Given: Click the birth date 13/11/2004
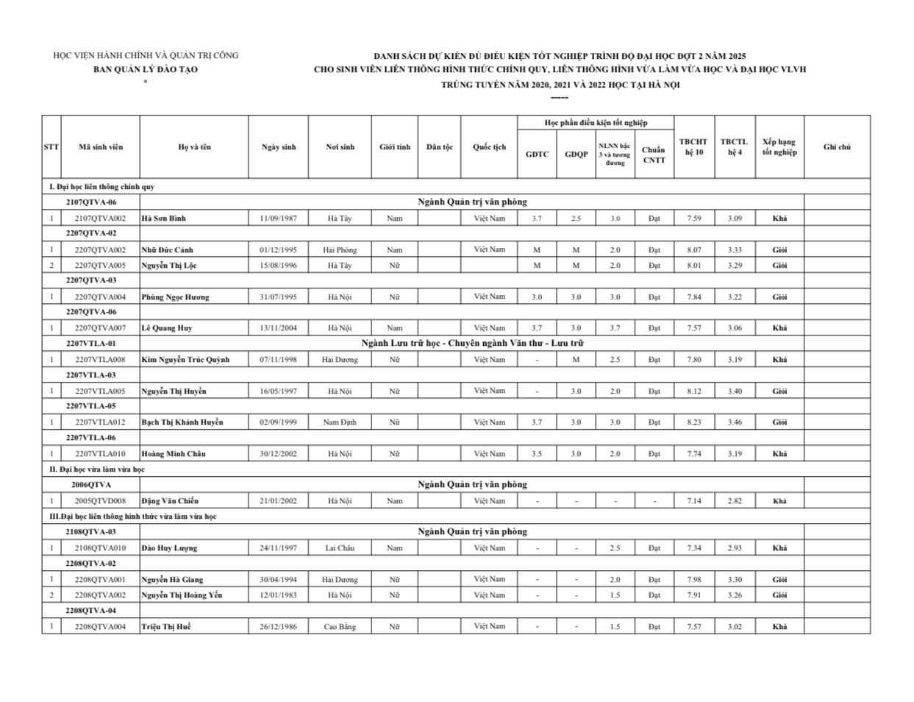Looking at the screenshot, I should tap(279, 328).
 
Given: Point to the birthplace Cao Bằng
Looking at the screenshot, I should tap(340, 627).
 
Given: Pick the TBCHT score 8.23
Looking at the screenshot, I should tap(693, 422).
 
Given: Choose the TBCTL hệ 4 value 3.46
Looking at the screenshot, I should tap(735, 422).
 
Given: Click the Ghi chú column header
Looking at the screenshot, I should tap(837, 147).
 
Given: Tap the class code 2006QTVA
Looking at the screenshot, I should tap(91, 485).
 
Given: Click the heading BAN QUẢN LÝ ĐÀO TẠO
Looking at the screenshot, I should tap(146, 70).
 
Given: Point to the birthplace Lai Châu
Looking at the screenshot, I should tap(340, 548).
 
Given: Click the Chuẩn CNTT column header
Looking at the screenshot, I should tap(653, 155).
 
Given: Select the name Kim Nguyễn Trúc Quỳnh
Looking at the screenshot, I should tap(185, 360).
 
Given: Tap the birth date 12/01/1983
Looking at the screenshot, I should tap(279, 595).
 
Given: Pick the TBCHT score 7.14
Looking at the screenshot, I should tap(693, 501).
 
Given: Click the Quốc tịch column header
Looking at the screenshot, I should tap(489, 147).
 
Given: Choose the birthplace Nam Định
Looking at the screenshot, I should tap(340, 422).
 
